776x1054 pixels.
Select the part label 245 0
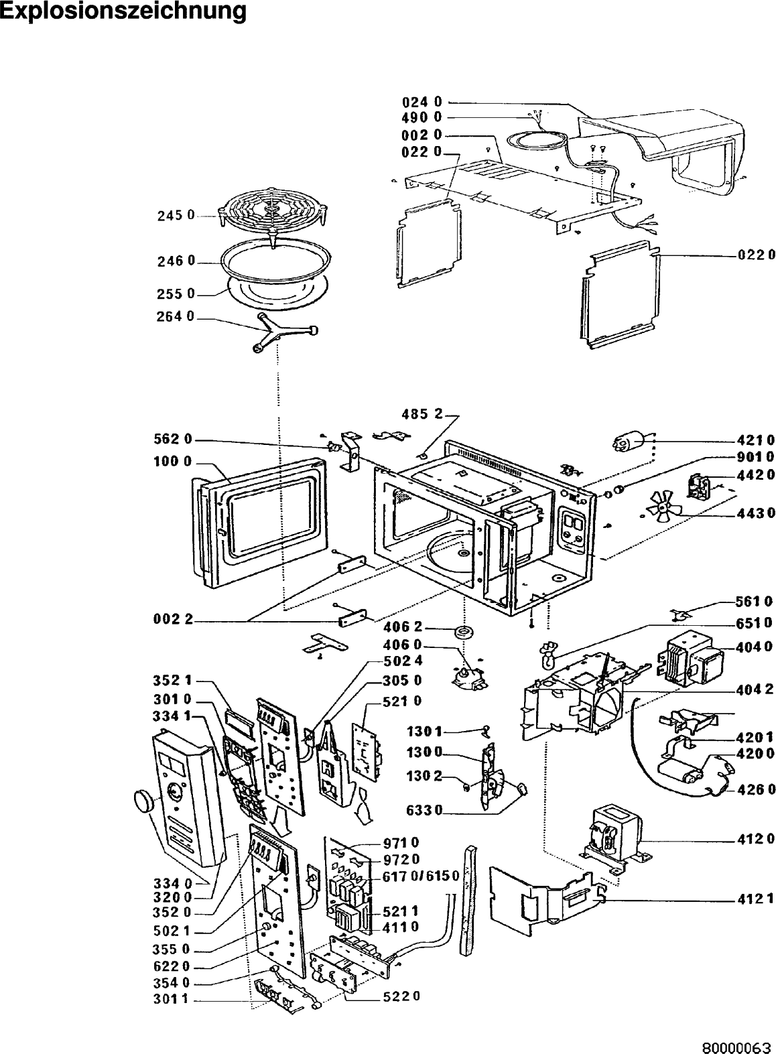pos(176,216)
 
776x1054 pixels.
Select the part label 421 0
pos(751,440)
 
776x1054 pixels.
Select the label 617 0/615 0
pos(420,877)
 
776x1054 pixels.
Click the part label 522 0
pos(402,996)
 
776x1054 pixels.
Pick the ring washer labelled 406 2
pos(463,632)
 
